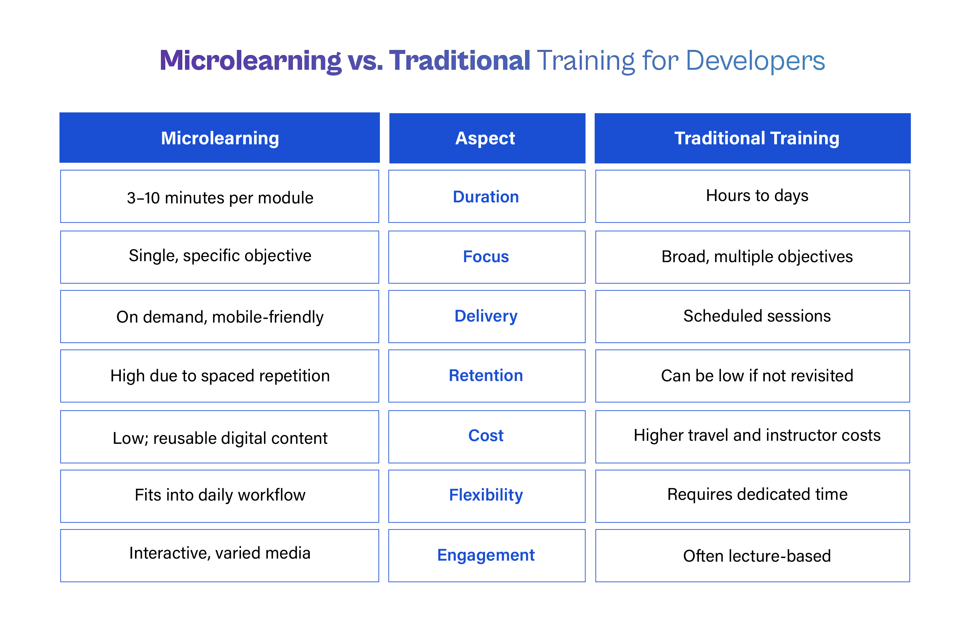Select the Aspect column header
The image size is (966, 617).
pyautogui.click(x=487, y=138)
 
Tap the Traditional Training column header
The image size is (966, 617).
pyautogui.click(x=753, y=138)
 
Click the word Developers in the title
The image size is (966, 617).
pyautogui.click(x=755, y=61)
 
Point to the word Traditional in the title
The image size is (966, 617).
pyautogui.click(x=460, y=61)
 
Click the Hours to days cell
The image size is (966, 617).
pyautogui.click(x=753, y=196)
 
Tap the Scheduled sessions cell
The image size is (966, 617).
pyautogui.click(x=753, y=316)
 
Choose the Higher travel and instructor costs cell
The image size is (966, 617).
pyautogui.click(x=753, y=436)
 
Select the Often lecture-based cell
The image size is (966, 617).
pyautogui.click(x=753, y=555)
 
